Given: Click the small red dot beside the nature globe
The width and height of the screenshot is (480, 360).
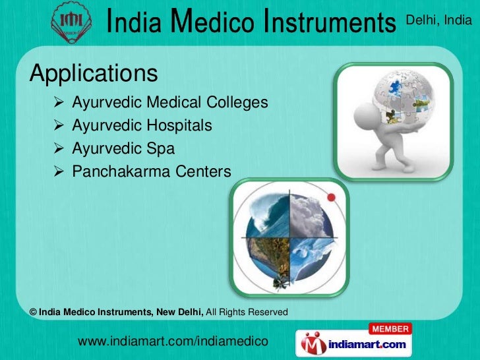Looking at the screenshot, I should pyautogui.click(x=332, y=198).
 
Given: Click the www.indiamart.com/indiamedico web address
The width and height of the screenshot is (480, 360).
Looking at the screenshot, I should pyautogui.click(x=172, y=341).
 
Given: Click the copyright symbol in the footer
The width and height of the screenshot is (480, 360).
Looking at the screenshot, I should pyautogui.click(x=34, y=311).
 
